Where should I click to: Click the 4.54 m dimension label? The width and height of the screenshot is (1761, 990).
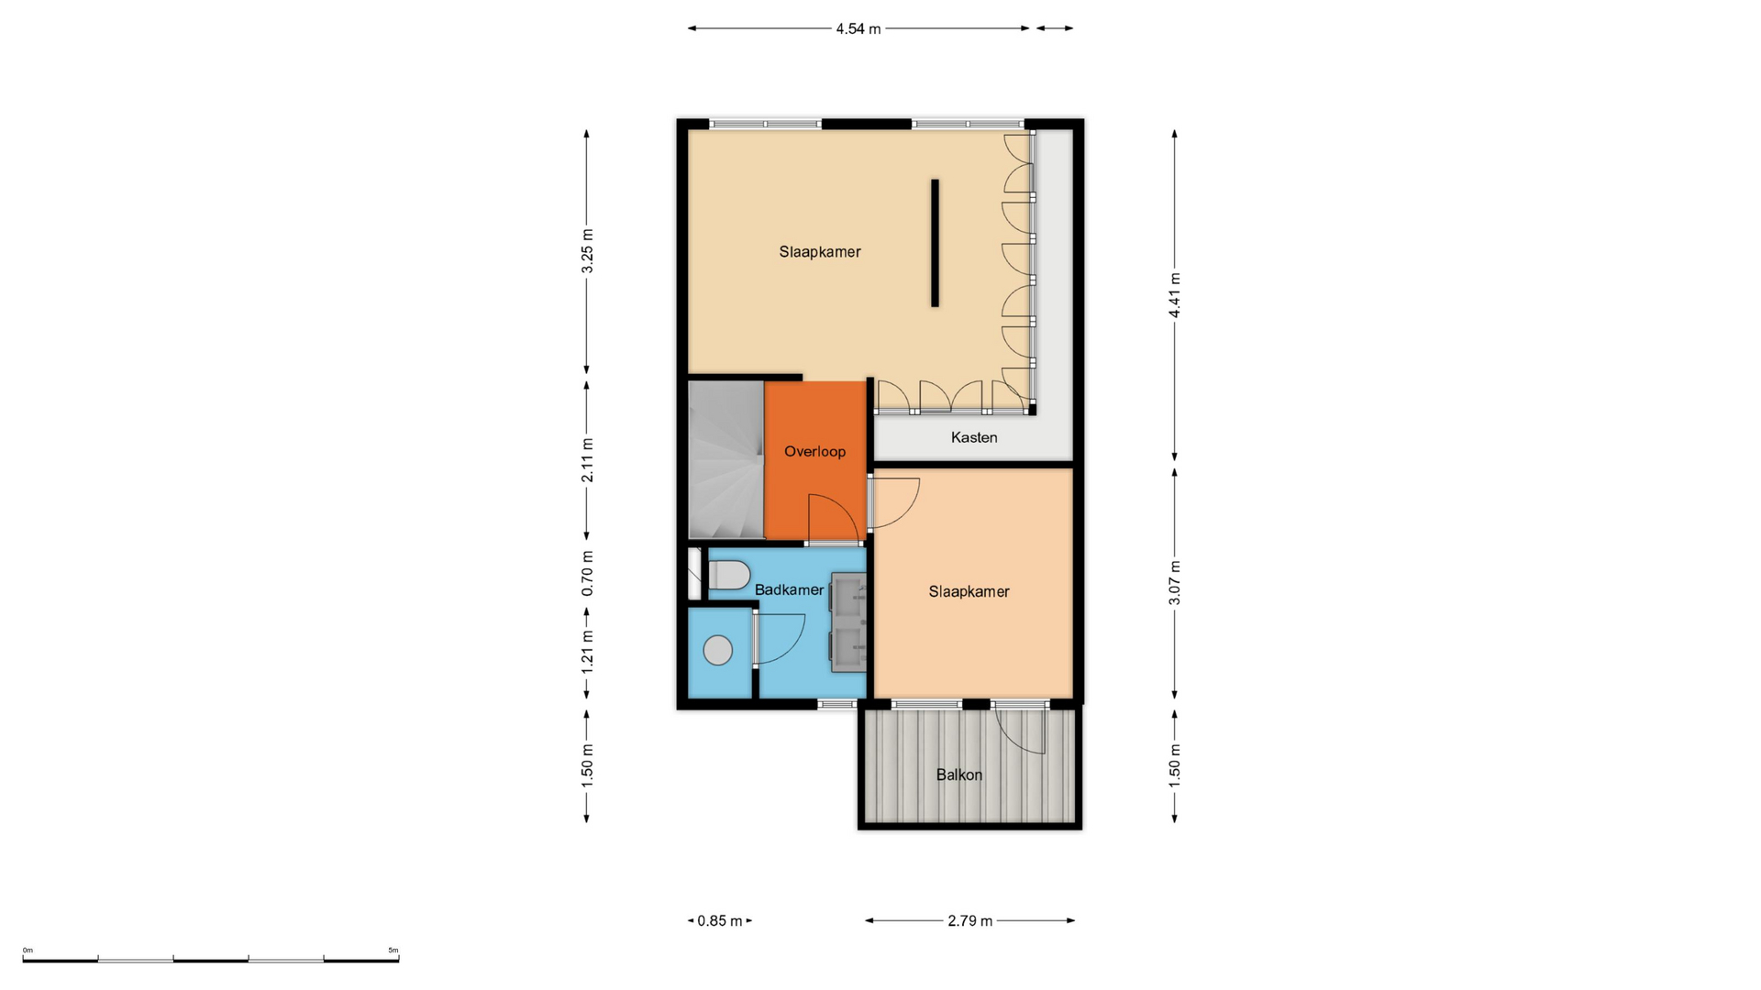click(x=858, y=28)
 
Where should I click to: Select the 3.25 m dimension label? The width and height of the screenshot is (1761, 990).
click(x=587, y=250)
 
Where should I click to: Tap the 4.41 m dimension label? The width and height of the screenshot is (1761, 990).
click(x=1174, y=295)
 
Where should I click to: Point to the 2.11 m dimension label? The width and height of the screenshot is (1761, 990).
click(x=587, y=460)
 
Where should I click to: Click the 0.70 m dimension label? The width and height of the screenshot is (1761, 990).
click(x=587, y=573)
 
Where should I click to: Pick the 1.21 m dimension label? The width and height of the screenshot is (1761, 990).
click(x=587, y=652)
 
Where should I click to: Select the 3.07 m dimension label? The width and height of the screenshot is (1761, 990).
click(x=1174, y=582)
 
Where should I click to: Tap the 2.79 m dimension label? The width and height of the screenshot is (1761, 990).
click(x=970, y=920)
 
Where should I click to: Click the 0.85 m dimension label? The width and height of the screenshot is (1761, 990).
click(x=720, y=920)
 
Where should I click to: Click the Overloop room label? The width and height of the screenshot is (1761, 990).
click(x=814, y=451)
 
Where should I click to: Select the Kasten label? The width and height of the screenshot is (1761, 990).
click(x=974, y=437)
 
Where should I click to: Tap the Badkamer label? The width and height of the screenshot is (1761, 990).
click(x=789, y=589)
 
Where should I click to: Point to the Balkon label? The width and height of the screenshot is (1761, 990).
click(x=959, y=775)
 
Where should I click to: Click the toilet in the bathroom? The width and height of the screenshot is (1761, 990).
click(x=728, y=576)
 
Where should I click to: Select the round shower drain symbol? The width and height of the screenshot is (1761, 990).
click(x=718, y=651)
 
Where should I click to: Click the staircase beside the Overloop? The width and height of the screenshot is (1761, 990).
click(x=726, y=460)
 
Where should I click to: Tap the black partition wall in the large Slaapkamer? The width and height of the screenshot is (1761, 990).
click(x=935, y=243)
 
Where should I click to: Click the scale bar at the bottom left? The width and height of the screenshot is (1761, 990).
click(x=211, y=960)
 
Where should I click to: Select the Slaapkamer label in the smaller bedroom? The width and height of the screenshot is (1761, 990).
click(x=969, y=591)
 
